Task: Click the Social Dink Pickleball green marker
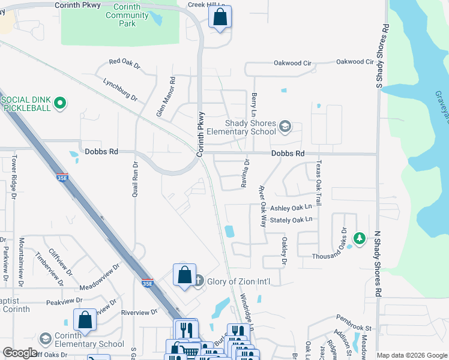pos(59,103)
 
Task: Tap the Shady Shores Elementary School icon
pos(285,126)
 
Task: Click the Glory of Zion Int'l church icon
pos(199,281)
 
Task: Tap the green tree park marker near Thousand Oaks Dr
pos(360,239)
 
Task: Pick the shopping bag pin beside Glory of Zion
pos(184,275)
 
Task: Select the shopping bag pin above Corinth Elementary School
pos(85,320)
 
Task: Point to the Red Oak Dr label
pos(124,62)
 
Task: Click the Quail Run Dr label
pos(135,179)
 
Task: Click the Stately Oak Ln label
pos(292,220)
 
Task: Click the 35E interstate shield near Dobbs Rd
pos(62,178)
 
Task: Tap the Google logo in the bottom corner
pos(20,353)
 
